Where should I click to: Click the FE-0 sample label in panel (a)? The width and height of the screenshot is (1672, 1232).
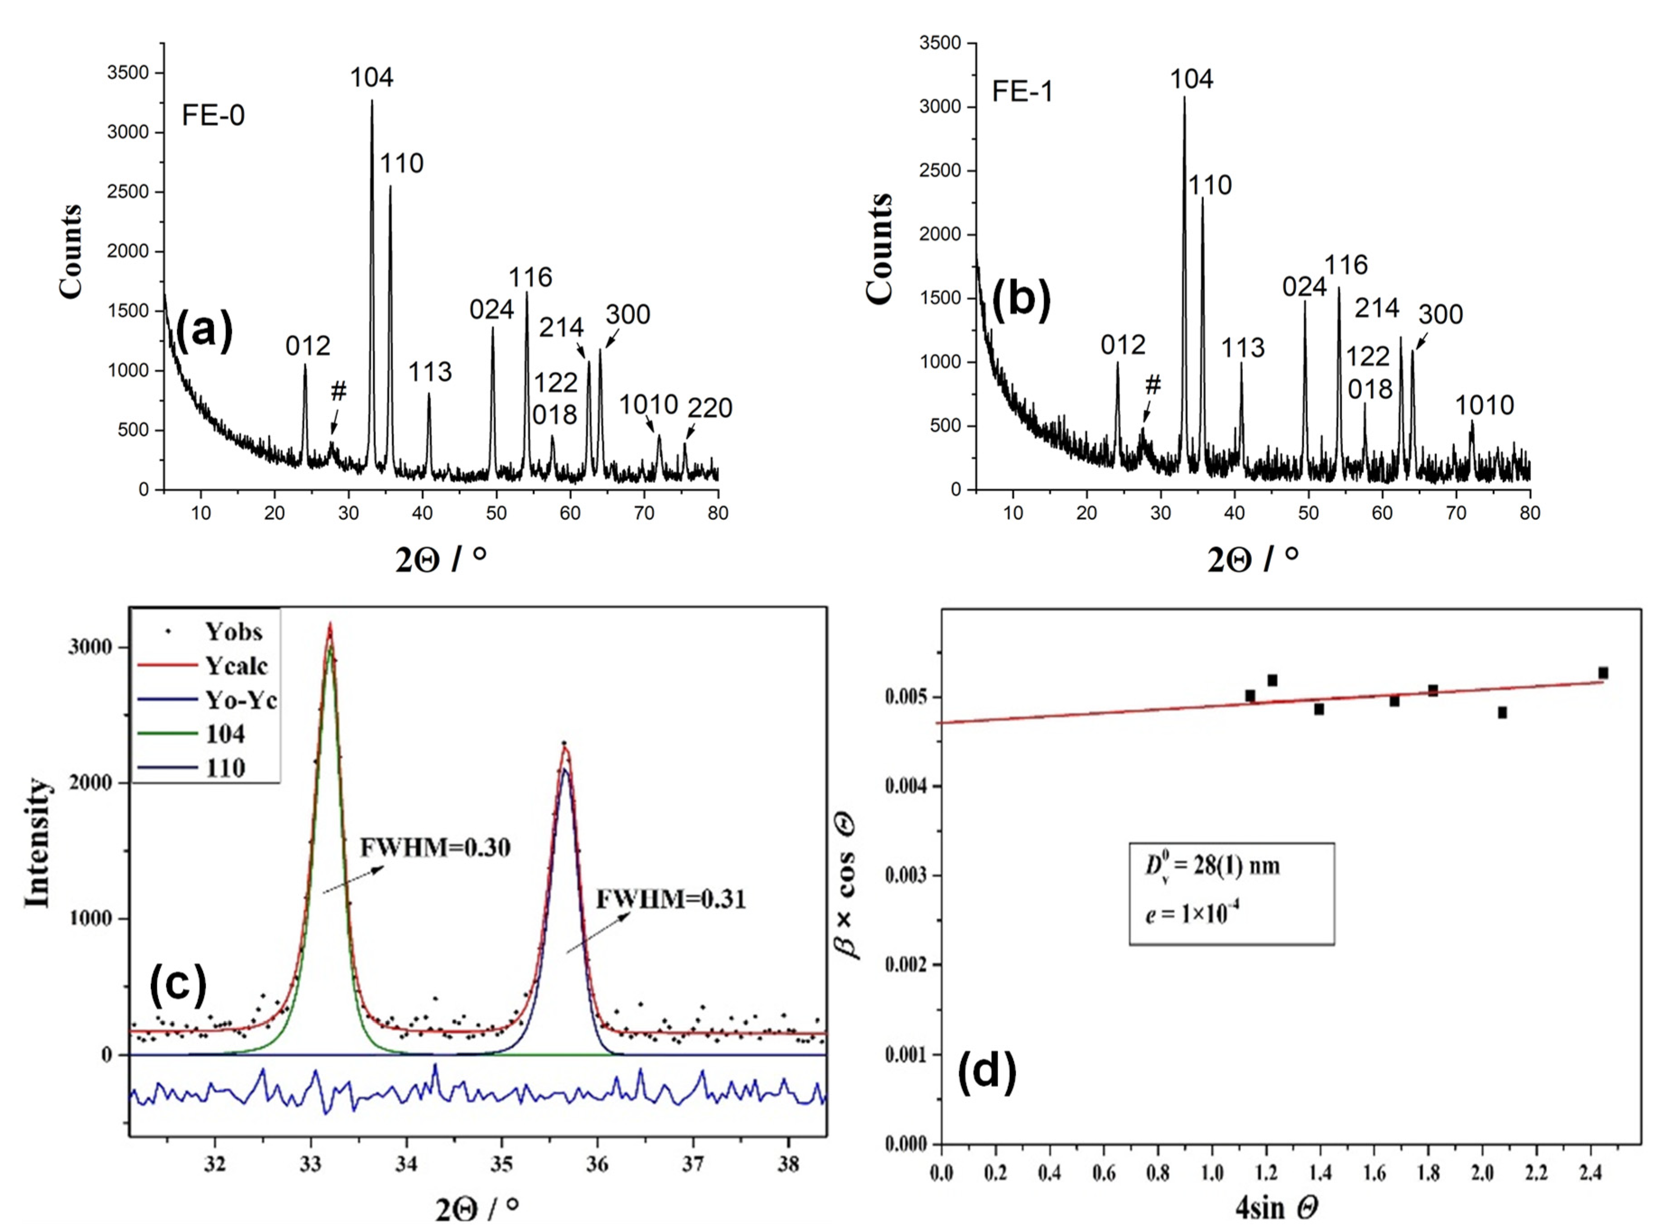[x=213, y=116]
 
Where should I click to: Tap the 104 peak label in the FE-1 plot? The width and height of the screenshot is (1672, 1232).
[x=1191, y=79]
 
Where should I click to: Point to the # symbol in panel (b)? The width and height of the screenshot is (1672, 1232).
[x=1153, y=385]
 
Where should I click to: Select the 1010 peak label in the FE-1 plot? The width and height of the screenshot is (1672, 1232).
[x=1485, y=406]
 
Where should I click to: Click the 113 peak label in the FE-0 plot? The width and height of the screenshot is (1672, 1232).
[x=430, y=371]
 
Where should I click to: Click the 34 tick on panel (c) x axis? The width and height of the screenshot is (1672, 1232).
[x=406, y=1164]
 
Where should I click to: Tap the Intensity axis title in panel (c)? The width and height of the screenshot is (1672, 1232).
[x=37, y=843]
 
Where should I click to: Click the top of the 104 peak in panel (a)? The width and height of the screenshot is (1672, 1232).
[x=372, y=102]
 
